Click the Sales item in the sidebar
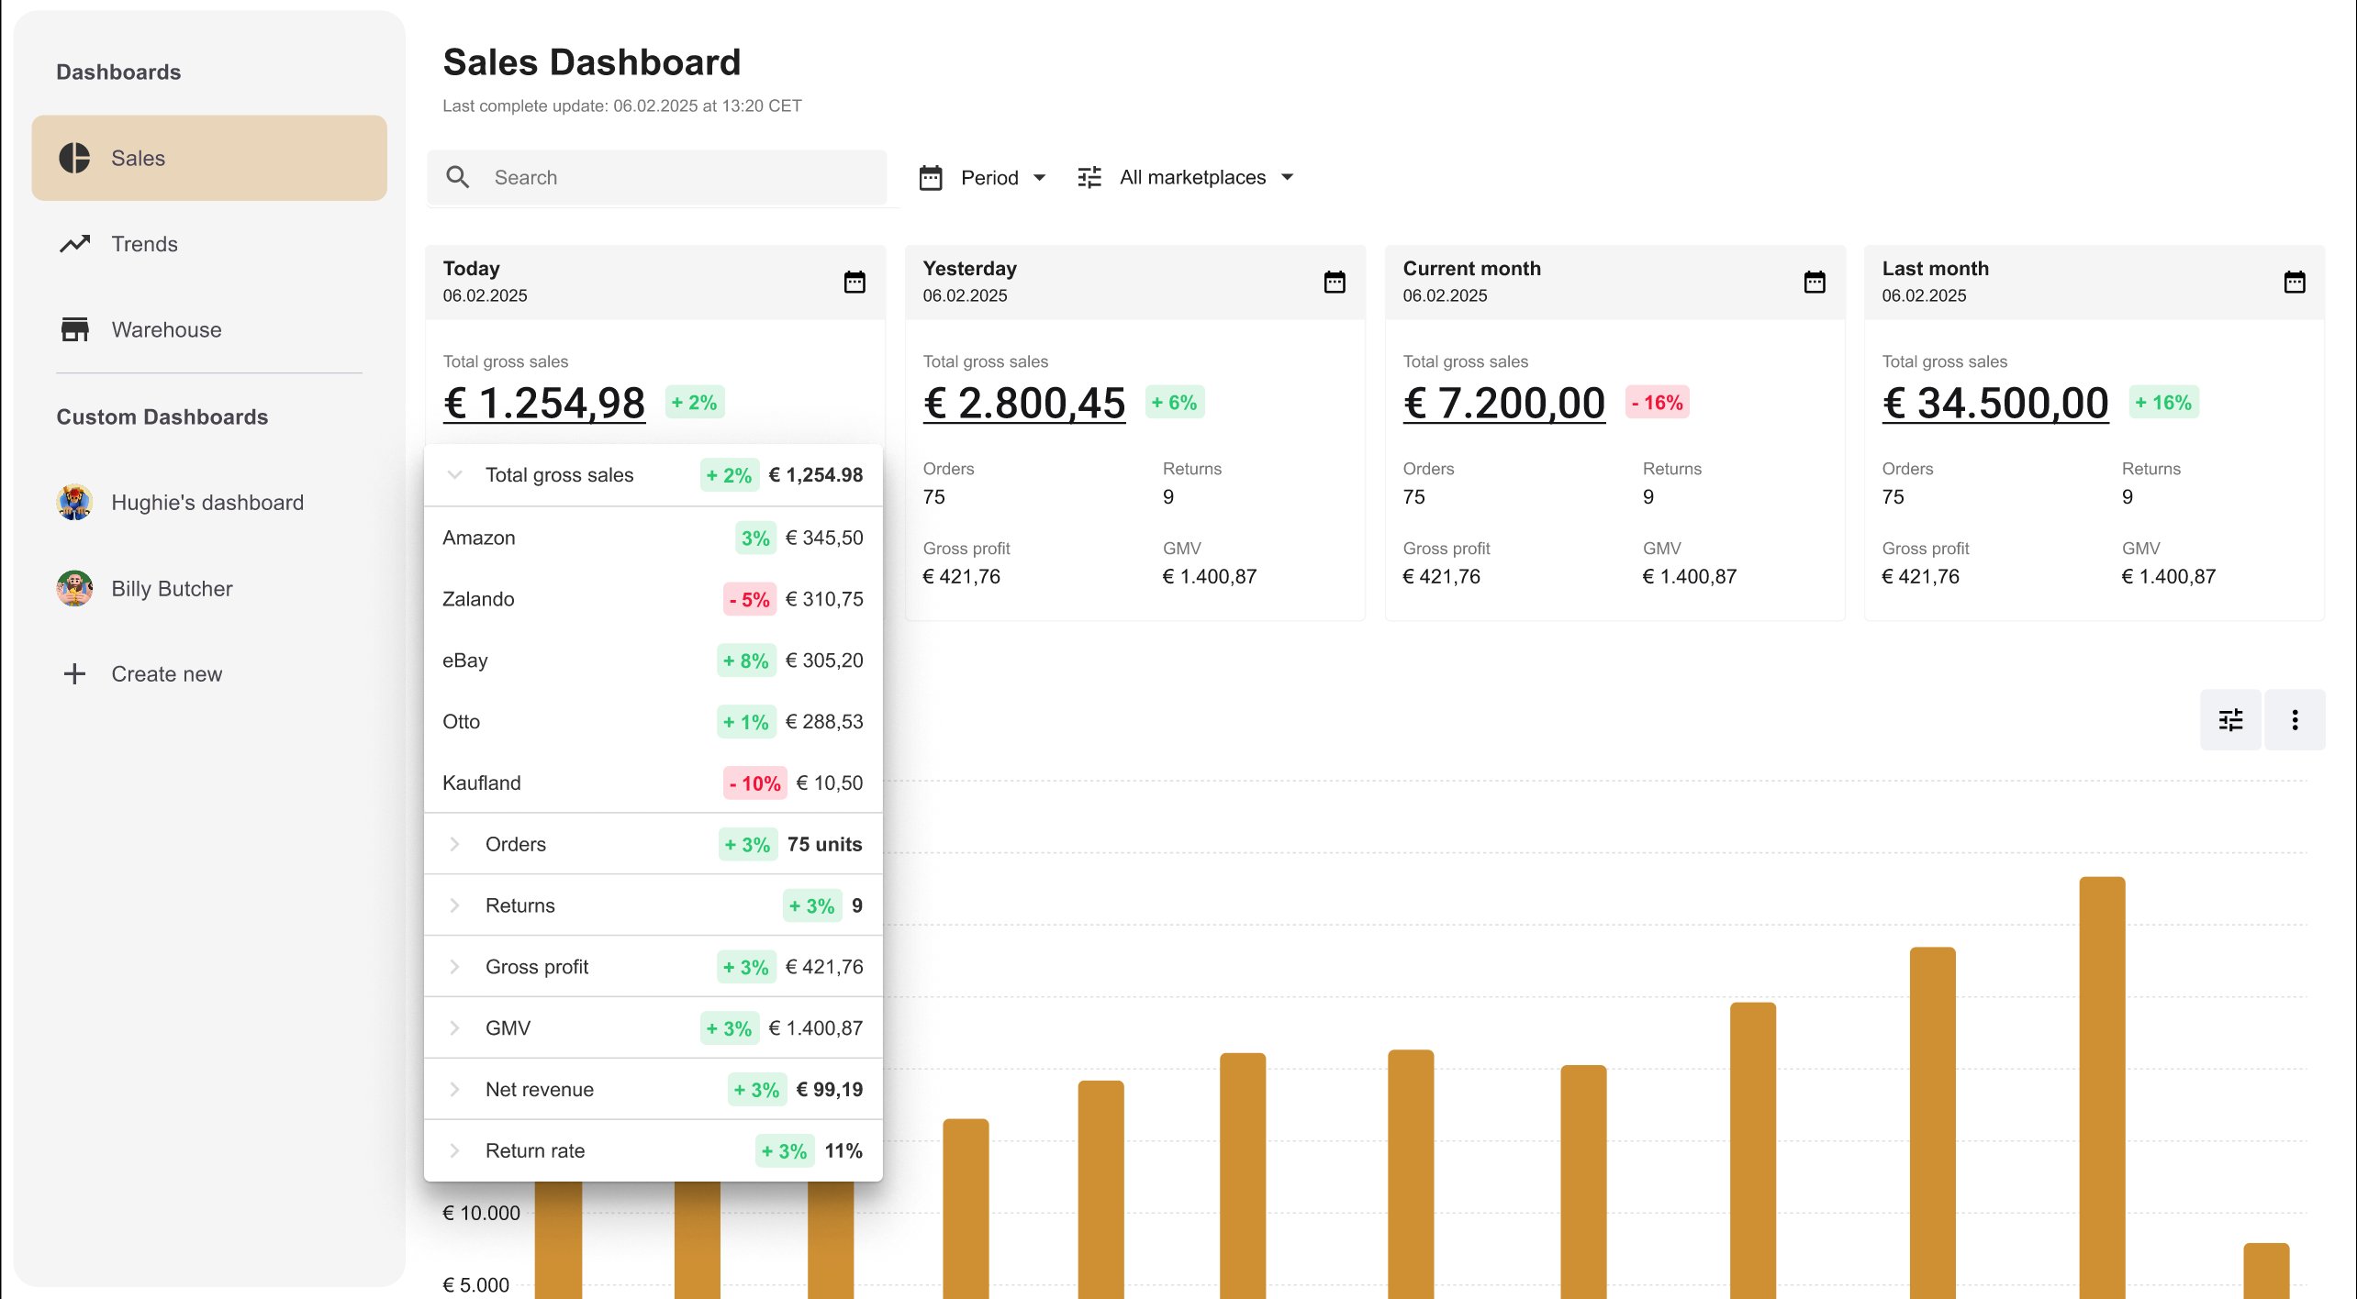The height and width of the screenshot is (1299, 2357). pos(209,158)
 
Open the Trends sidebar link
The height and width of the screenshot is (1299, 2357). pos(144,244)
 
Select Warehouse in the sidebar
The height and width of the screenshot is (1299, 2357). pos(166,329)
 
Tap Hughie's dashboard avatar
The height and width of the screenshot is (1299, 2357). pos(74,503)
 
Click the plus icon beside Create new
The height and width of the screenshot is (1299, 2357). pos(74,674)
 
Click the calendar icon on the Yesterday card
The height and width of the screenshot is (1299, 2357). pos(1335,282)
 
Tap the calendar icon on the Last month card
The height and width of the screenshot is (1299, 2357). pos(2295,282)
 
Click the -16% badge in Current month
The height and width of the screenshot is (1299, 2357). pos(1657,403)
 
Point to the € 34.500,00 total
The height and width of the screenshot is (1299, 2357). pos(1995,404)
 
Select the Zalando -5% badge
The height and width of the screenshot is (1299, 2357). pos(749,600)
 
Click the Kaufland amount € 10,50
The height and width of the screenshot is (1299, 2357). pos(830,783)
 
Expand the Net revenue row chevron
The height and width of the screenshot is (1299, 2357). pos(454,1089)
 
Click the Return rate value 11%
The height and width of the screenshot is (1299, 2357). pos(843,1150)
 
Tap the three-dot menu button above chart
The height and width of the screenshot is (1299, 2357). pos(2295,720)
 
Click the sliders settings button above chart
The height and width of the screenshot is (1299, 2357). pos(2230,720)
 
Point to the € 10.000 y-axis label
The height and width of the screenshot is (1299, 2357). pos(481,1213)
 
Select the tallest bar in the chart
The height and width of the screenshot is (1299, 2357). pos(2102,1088)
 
